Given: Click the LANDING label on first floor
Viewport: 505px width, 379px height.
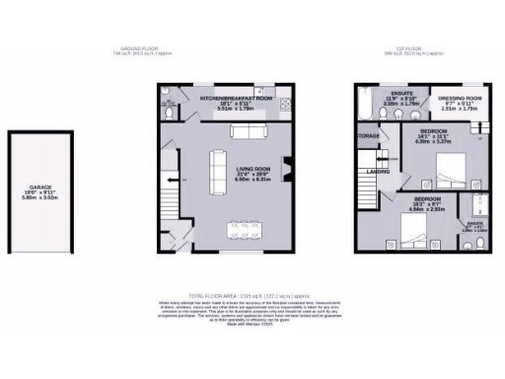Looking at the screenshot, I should (378, 170).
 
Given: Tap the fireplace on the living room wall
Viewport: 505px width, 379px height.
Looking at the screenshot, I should (287, 170).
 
